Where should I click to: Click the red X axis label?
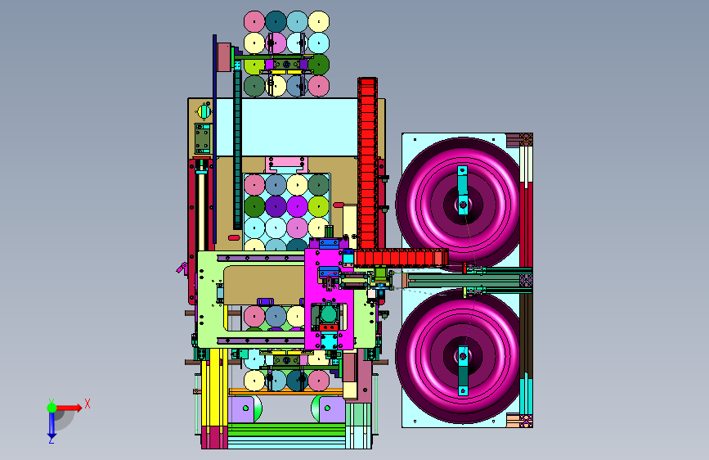88,404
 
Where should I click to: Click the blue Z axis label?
52,439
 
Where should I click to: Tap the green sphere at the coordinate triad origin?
52,408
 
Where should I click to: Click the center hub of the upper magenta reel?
463,205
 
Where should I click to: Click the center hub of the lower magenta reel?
463,357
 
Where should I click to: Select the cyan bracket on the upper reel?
463,189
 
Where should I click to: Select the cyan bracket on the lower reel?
463,371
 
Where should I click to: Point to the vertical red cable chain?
368,163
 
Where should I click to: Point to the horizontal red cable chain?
401,258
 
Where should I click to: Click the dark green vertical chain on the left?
237,145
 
